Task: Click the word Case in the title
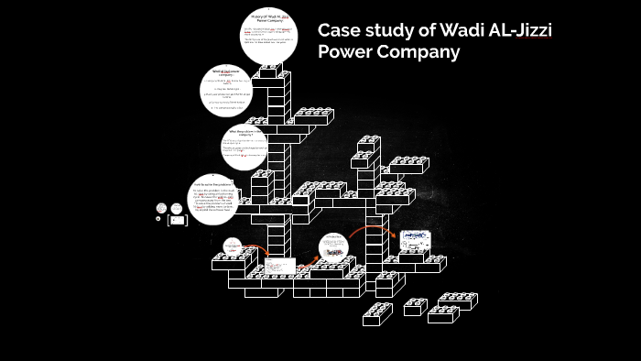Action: [341, 30]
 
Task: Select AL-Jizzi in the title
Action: [519, 30]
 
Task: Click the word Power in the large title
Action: [346, 52]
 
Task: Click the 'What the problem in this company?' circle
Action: [248, 146]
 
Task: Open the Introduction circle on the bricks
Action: [335, 247]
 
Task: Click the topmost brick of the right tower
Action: [370, 144]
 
